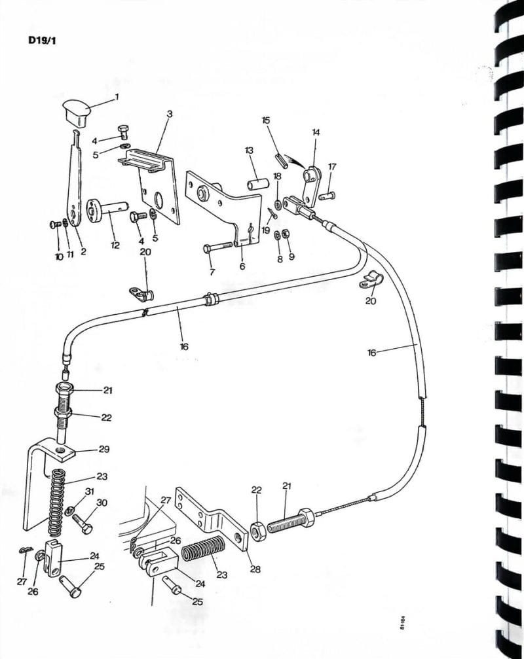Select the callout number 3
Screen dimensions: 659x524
click(x=169, y=114)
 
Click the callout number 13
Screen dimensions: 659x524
click(x=249, y=151)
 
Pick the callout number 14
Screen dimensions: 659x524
click(x=316, y=132)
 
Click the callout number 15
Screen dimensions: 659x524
click(x=265, y=120)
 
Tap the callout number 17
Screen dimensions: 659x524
click(x=332, y=167)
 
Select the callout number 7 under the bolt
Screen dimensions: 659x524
click(x=212, y=272)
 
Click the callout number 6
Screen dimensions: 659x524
click(x=242, y=266)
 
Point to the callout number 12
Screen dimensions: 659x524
click(x=115, y=245)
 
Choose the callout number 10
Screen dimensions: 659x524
click(x=59, y=257)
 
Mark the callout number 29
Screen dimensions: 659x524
click(x=103, y=450)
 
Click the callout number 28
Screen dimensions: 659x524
click(x=255, y=569)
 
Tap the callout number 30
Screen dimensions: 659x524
click(x=102, y=503)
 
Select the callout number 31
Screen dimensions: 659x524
click(x=90, y=491)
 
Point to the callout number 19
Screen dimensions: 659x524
click(x=265, y=230)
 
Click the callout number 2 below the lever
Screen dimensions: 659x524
click(x=83, y=251)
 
